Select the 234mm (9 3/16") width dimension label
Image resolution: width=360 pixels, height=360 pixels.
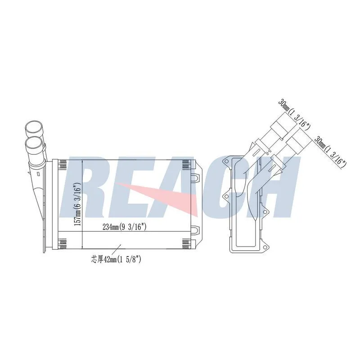124,227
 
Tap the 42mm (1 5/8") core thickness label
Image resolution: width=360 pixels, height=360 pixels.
116,260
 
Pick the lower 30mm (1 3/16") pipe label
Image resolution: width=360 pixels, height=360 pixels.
331,153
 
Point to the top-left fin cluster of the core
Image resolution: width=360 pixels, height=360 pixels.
63,164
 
